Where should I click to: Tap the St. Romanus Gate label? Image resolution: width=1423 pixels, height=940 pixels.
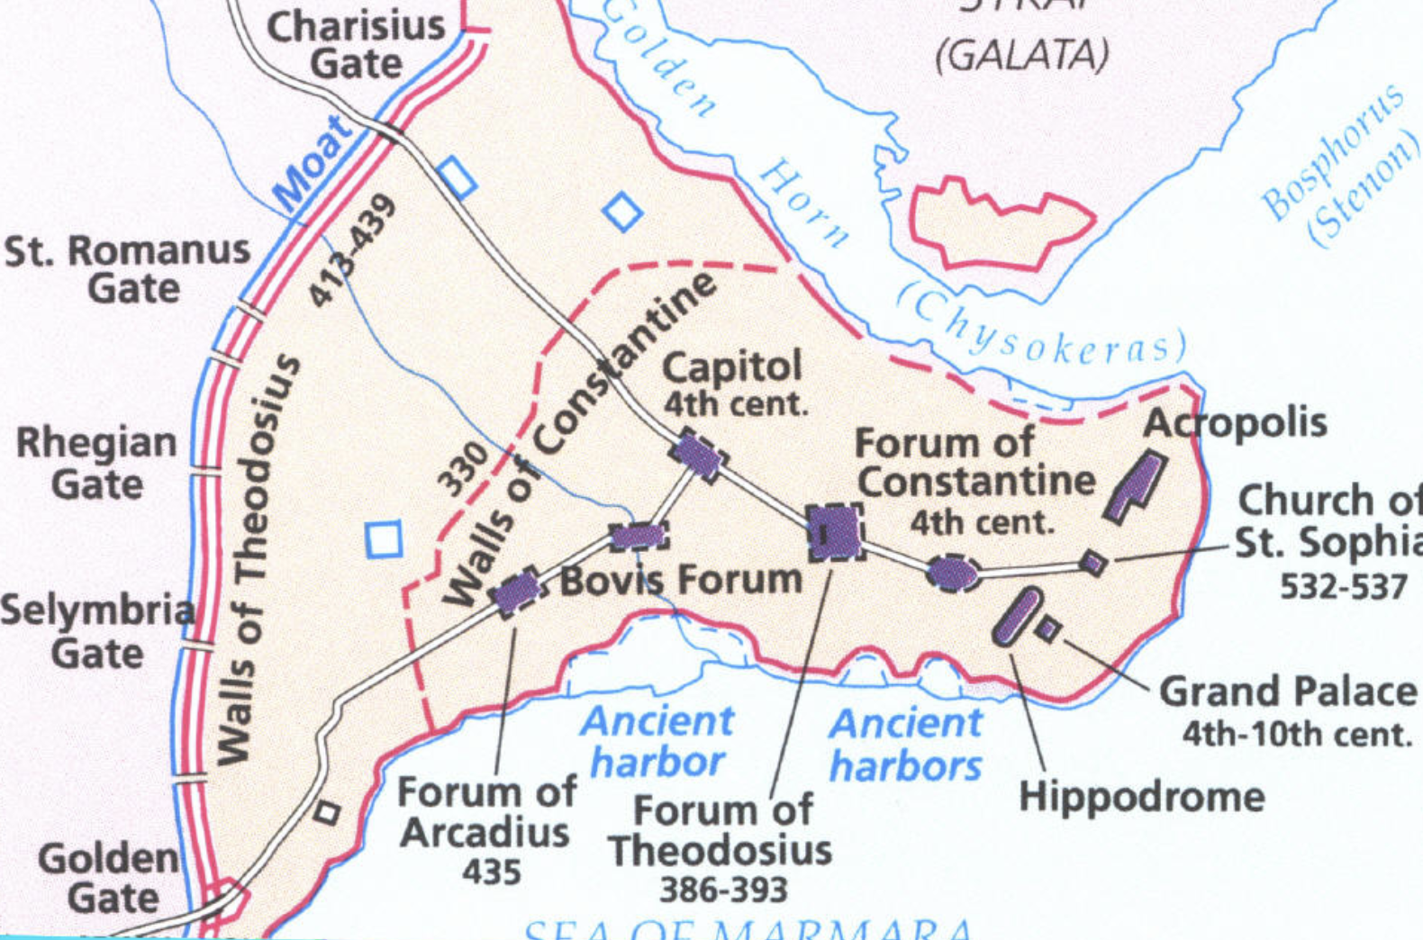click(x=128, y=268)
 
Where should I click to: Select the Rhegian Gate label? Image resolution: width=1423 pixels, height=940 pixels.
click(x=96, y=463)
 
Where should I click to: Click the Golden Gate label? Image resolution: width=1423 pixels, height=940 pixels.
click(x=110, y=878)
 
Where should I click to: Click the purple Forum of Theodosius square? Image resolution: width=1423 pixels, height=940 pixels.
click(x=835, y=532)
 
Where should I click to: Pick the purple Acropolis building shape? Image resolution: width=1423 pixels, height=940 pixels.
click(x=1136, y=487)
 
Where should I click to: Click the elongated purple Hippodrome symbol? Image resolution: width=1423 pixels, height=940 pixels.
click(x=1018, y=617)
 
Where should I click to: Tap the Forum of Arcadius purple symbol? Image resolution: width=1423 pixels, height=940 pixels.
click(x=517, y=592)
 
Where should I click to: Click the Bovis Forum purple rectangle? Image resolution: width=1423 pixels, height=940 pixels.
click(x=639, y=538)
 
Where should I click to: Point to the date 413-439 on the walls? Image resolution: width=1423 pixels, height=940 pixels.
click(x=352, y=249)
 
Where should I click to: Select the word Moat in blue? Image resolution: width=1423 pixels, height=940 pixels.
click(x=313, y=164)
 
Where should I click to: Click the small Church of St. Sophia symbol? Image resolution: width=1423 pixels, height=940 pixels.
click(x=1093, y=563)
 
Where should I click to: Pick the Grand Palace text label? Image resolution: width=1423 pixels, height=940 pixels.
click(x=1288, y=691)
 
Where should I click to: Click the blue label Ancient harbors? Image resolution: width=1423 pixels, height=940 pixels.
click(x=906, y=746)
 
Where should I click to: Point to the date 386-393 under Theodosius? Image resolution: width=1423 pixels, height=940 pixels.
click(x=723, y=890)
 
